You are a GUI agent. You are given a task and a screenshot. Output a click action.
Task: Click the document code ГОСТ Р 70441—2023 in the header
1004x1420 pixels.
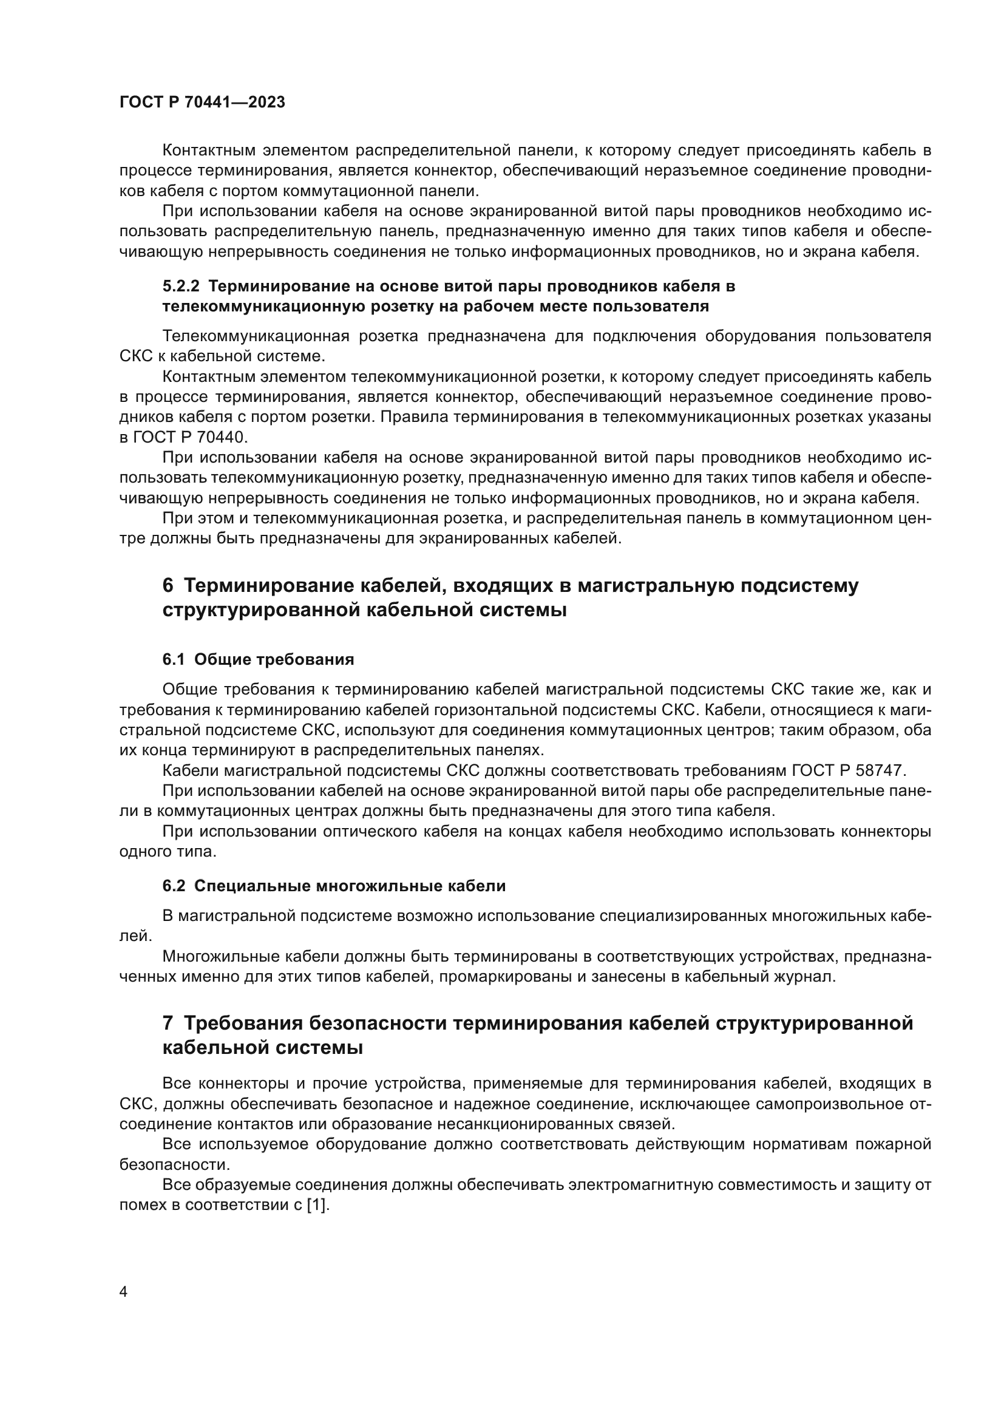click(x=202, y=103)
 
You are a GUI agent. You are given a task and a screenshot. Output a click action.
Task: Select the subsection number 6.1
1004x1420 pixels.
click(x=174, y=659)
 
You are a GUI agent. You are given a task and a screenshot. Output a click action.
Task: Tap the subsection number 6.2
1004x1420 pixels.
click(x=174, y=886)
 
